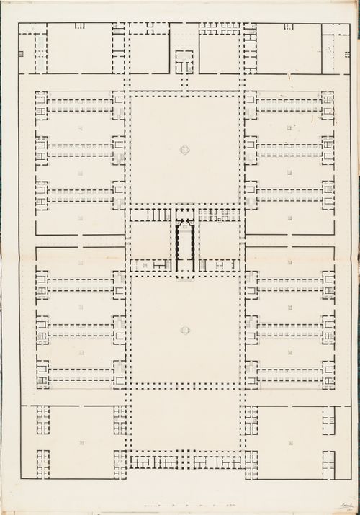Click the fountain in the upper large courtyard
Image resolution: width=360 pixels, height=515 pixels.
(185, 150)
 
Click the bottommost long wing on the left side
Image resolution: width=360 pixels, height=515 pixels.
(80, 375)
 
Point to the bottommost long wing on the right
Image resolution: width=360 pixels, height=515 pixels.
(290, 375)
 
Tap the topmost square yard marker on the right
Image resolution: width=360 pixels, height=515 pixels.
(289, 128)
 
